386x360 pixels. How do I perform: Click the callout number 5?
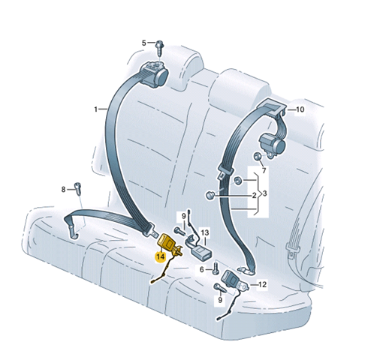coord(143,43)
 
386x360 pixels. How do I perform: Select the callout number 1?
coord(95,109)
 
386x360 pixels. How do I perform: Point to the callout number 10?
coord(300,109)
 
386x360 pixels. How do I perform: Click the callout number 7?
coord(264,170)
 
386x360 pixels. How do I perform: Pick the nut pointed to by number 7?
coord(257,157)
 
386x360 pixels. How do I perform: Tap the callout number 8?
coord(63,190)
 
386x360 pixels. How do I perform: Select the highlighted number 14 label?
coord(161,256)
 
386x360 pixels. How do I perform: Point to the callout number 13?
coord(205,233)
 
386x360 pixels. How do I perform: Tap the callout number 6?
coord(202,270)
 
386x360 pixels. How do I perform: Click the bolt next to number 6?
coord(216,269)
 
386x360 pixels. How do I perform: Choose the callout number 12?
coord(262,284)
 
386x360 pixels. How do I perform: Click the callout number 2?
coord(254,195)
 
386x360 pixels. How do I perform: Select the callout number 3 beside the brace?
coord(265,193)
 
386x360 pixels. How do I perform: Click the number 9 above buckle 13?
coord(183,215)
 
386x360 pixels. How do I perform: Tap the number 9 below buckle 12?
coord(220,299)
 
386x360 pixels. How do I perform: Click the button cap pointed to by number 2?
coord(210,195)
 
